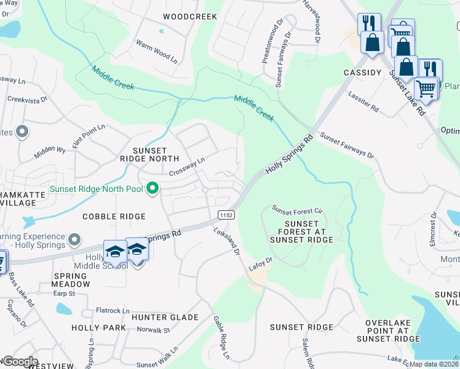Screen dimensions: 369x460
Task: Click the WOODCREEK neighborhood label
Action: pyautogui.click(x=190, y=17)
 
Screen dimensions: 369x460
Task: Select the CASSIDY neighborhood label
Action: pyautogui.click(x=363, y=73)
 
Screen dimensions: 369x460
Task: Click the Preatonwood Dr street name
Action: pyautogui.click(x=267, y=44)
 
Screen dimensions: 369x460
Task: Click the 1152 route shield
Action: pyautogui.click(x=224, y=214)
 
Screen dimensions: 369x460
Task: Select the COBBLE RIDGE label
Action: pyautogui.click(x=114, y=216)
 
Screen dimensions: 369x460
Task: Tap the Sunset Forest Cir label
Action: pyautogui.click(x=298, y=209)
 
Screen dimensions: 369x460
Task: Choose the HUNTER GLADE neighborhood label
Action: pyautogui.click(x=165, y=317)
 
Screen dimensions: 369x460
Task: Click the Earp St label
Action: pyautogui.click(x=63, y=293)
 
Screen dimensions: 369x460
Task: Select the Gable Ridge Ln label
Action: pyautogui.click(x=221, y=338)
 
